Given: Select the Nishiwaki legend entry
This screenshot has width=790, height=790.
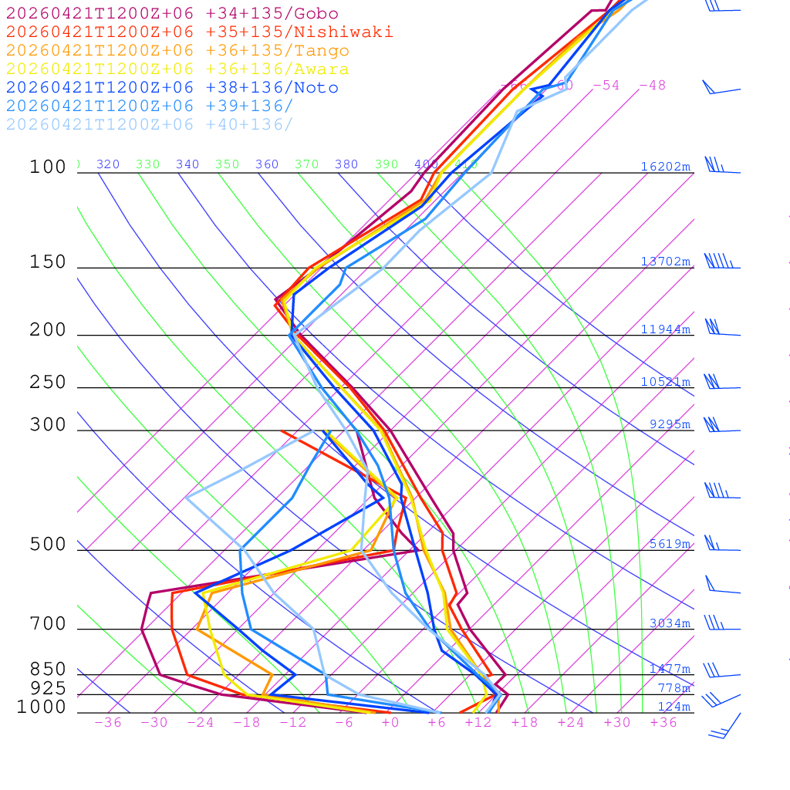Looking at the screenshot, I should (x=199, y=32).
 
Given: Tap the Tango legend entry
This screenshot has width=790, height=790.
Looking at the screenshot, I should (x=177, y=51).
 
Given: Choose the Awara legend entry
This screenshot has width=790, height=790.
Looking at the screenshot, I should (x=177, y=69).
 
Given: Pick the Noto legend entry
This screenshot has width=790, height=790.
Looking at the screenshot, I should (x=172, y=88).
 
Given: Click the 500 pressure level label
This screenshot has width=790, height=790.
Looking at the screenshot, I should (x=49, y=545).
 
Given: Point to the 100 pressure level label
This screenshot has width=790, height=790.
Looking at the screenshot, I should (x=49, y=167).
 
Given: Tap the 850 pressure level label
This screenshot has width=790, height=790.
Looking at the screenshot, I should (x=49, y=669).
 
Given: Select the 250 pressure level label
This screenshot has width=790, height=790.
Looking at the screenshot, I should (x=49, y=382).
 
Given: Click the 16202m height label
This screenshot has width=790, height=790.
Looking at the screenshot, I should (x=665, y=167).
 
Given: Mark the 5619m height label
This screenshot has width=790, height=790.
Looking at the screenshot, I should (x=669, y=544).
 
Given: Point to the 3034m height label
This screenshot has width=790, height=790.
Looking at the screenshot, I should (x=669, y=623).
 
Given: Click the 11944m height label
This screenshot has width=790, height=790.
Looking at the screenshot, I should (x=665, y=329).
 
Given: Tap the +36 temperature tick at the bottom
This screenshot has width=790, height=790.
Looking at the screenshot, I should (x=663, y=723).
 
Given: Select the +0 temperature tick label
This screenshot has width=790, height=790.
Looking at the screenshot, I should (x=390, y=723).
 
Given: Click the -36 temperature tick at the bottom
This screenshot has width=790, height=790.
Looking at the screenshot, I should (x=107, y=723).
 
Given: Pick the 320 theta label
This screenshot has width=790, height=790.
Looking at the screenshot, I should (x=108, y=164).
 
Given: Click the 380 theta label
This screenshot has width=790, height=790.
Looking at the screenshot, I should (x=346, y=164).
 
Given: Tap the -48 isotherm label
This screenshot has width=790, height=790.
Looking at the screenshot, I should (x=652, y=86).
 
